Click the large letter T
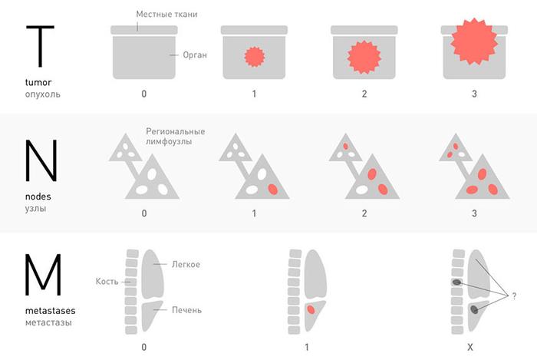coord(41,46)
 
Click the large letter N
coord(41,160)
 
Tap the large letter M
coord(43,274)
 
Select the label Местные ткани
coord(166,14)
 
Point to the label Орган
coord(195,54)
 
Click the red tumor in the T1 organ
coord(255,57)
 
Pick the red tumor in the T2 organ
coord(364,57)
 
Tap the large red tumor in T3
coord(474,41)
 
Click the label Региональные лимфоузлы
coord(176,137)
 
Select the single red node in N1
coord(273,189)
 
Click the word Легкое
coord(186,264)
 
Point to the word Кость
coord(107,281)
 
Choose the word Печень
coord(186,310)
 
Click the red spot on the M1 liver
coord(311,309)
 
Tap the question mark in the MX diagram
coord(514,296)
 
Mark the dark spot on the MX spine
coord(457,282)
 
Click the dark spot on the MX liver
coord(474,309)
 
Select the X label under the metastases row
coord(470,347)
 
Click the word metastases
coord(51,311)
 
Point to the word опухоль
coord(42,94)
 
